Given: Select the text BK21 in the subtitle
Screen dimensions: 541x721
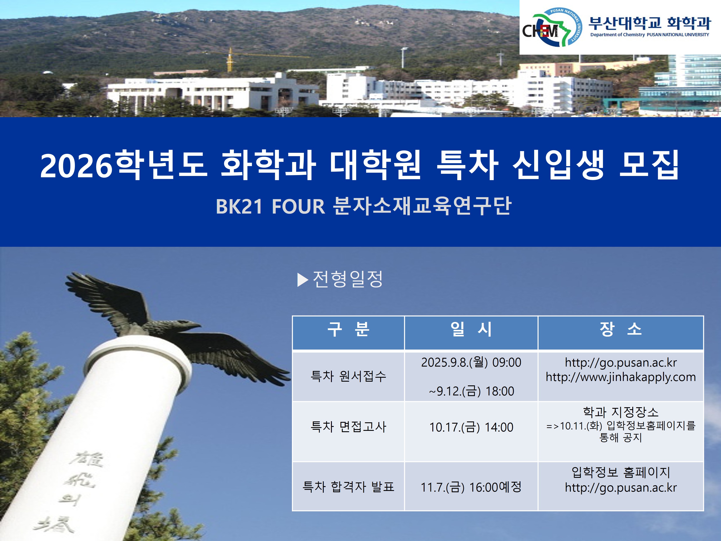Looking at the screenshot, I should tap(239, 206).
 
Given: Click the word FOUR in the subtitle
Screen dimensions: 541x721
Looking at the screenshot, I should tap(298, 206).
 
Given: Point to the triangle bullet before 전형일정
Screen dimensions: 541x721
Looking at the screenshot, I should tap(302, 280).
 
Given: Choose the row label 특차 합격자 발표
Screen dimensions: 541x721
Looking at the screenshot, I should tap(348, 487).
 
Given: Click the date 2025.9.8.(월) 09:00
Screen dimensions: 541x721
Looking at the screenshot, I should tap(471, 362).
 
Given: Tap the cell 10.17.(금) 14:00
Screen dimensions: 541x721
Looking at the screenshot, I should tap(471, 427).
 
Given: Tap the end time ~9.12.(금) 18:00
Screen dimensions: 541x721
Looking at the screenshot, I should tap(471, 391).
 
